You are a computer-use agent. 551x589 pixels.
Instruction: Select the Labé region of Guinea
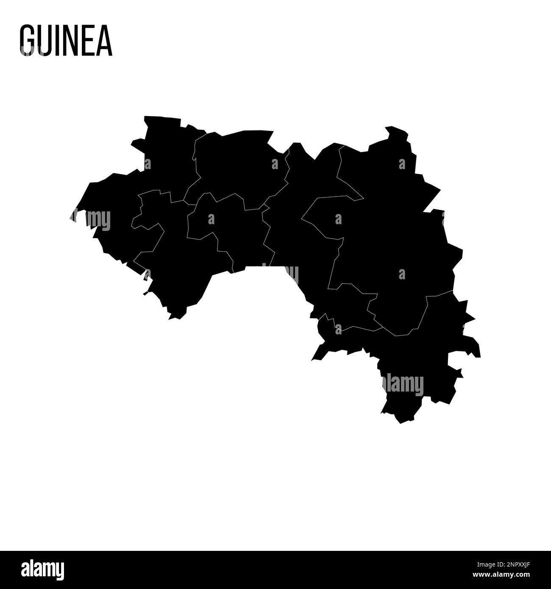pos(237,165)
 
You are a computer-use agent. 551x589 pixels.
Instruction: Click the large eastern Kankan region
pos(394,237)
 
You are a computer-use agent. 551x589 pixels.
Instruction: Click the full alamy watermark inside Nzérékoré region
pos(403,385)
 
